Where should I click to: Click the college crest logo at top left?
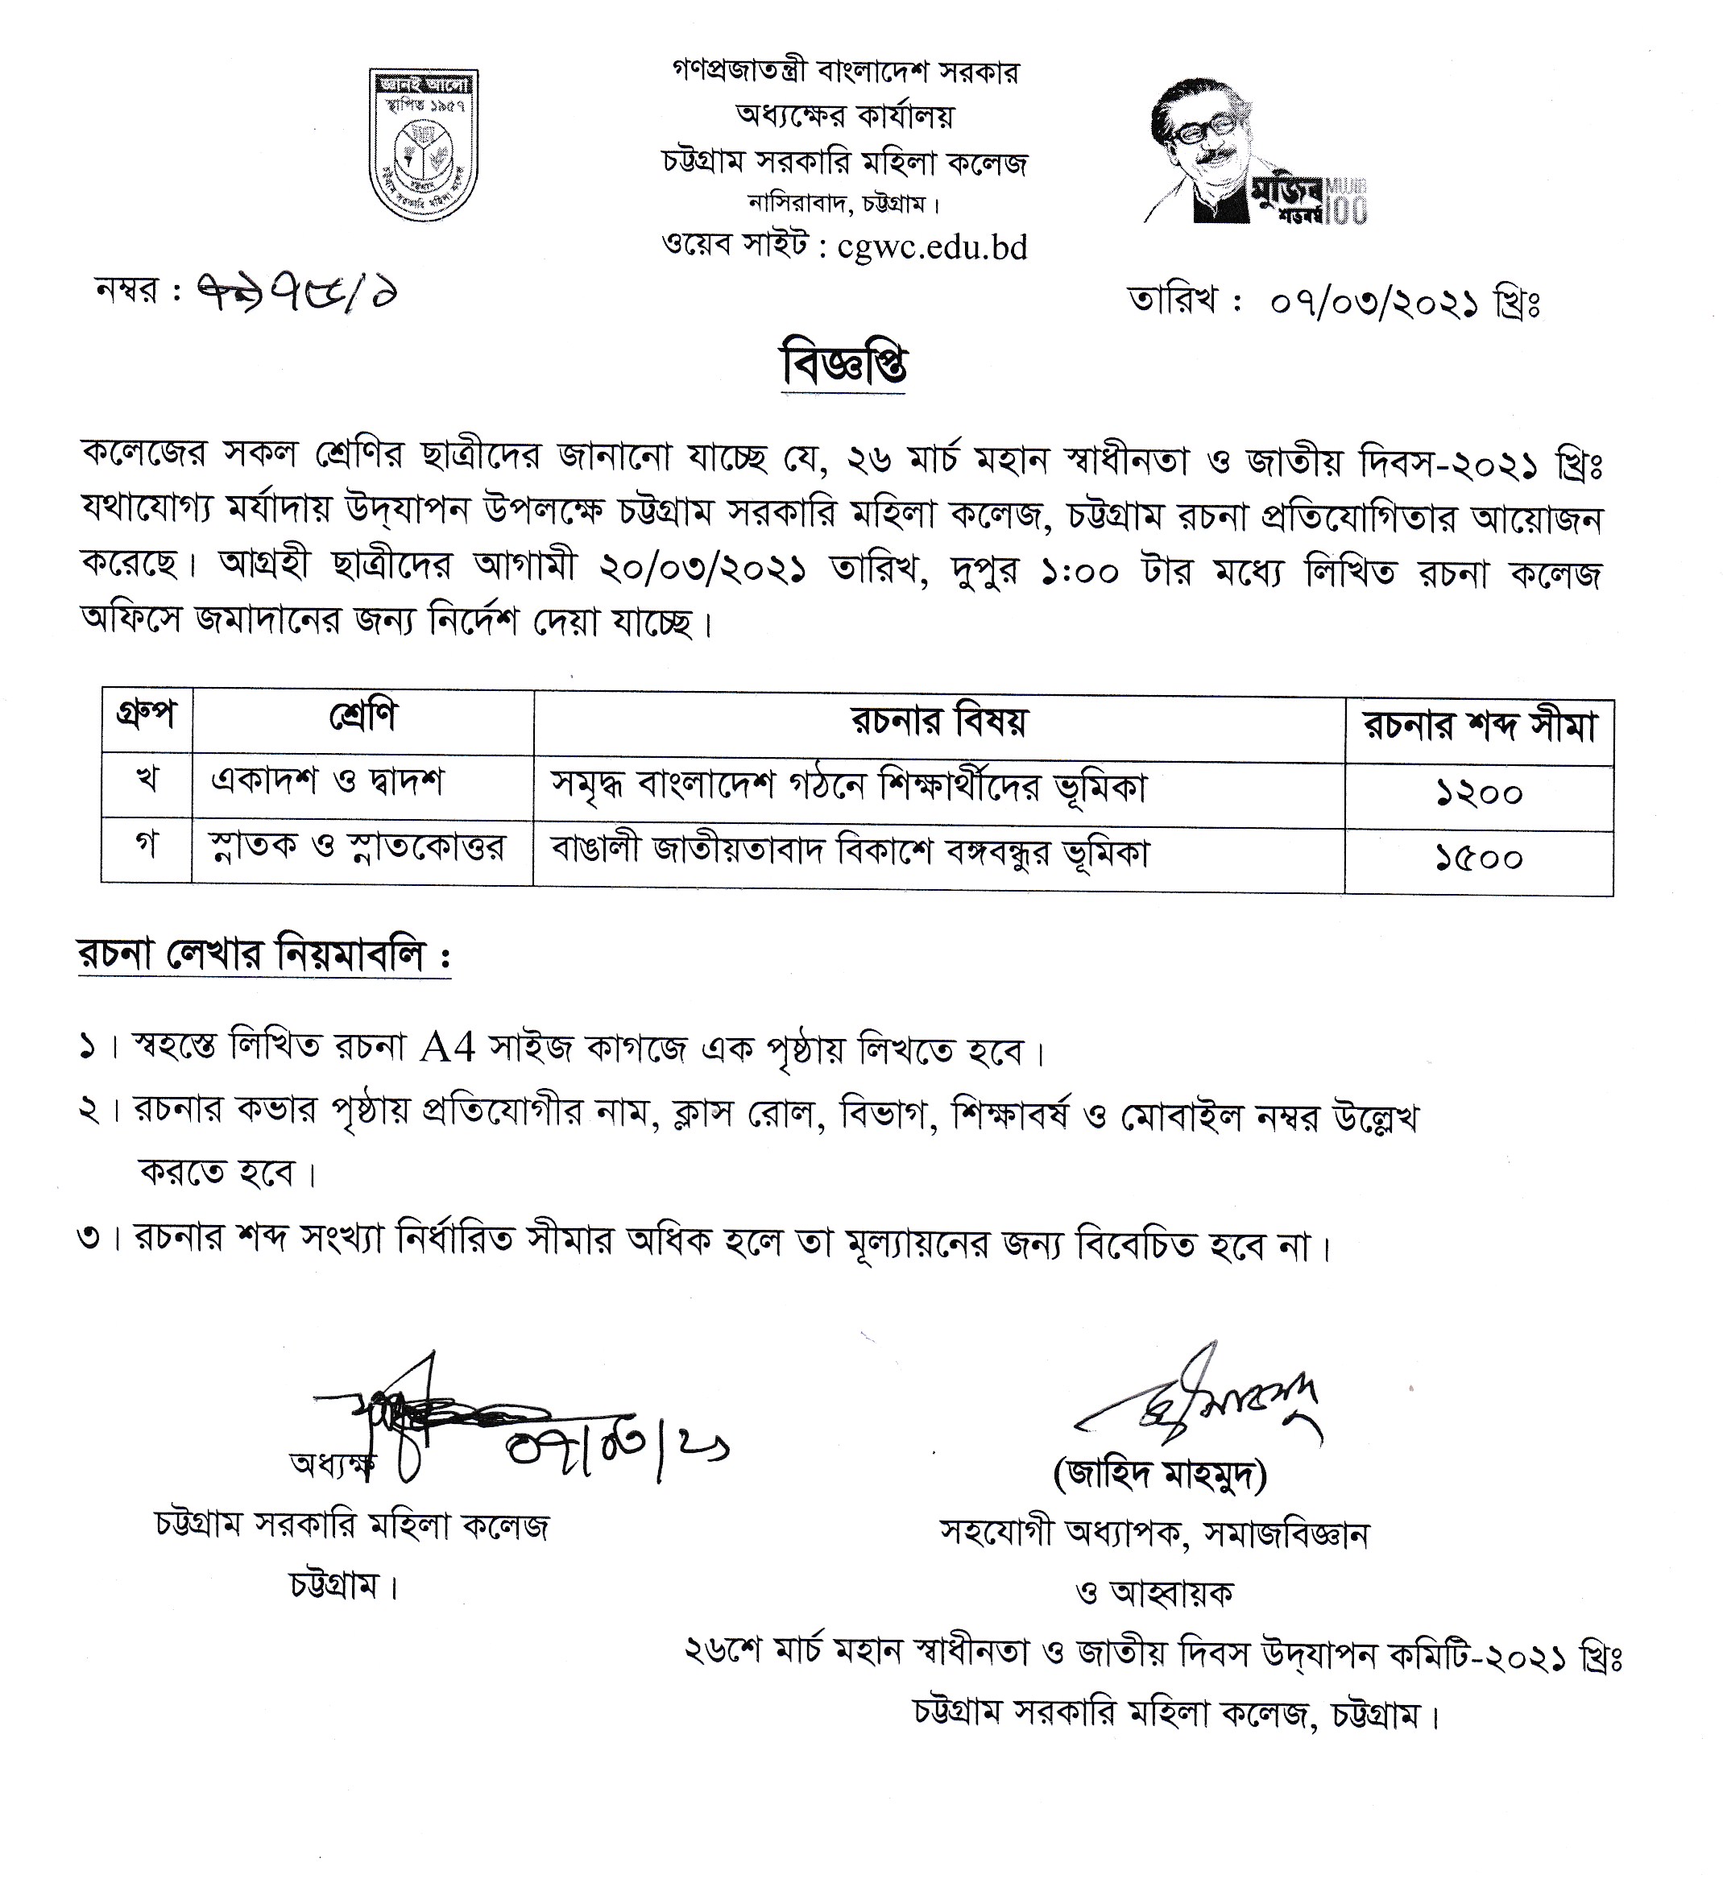425,143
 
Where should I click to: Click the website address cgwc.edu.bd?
931,247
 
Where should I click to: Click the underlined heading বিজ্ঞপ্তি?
844,366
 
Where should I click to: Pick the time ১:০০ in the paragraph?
1079,573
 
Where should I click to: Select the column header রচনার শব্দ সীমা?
1480,728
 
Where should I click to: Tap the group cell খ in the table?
147,782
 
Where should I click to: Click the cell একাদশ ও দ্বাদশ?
327,782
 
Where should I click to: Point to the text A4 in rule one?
449,1049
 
